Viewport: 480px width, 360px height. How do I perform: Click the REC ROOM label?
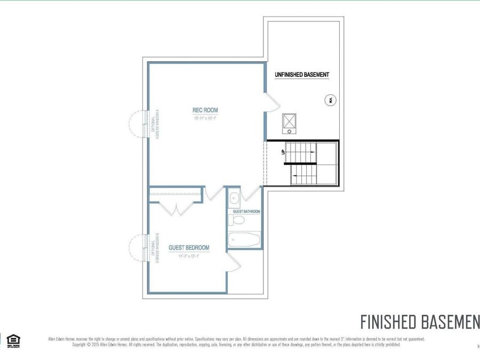point(205,110)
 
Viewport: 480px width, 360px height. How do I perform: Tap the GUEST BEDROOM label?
point(189,248)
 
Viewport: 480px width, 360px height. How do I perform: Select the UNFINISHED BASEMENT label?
point(302,75)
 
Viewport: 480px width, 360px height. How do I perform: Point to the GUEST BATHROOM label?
point(246,212)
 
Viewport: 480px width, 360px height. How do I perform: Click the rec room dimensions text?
point(205,118)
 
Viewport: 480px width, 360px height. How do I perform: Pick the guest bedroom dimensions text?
point(189,256)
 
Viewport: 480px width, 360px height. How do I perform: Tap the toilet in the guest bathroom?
point(239,219)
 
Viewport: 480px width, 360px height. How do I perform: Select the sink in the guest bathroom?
point(234,199)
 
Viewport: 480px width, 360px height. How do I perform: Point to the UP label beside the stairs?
point(283,151)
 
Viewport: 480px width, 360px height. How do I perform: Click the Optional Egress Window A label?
point(155,124)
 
